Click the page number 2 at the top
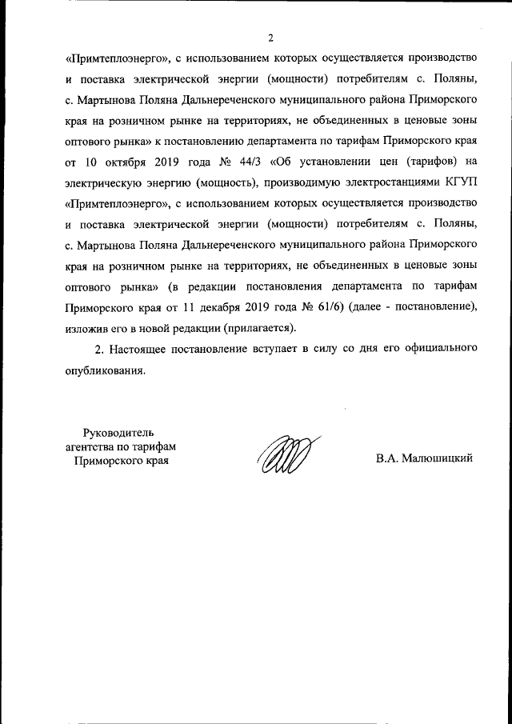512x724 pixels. click(271, 37)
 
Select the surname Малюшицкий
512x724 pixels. click(426, 459)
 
